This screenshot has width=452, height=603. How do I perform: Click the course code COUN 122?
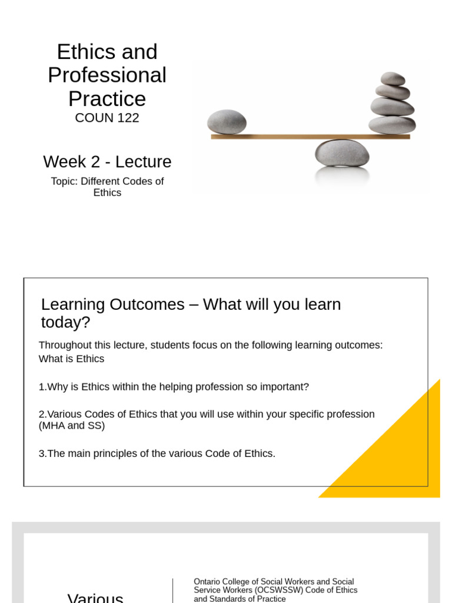point(107,118)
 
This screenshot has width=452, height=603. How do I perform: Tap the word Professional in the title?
point(107,75)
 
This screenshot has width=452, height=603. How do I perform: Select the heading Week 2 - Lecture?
point(107,161)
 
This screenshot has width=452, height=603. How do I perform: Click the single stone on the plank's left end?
point(227,122)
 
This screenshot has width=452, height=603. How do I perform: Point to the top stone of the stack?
point(393,78)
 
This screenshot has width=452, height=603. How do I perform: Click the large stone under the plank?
point(342,153)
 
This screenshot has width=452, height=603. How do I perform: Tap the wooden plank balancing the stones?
point(311,137)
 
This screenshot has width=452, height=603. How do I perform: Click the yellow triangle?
point(400,458)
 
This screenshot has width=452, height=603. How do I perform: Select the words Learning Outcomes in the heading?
point(112,304)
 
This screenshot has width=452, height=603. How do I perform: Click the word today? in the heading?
point(65,322)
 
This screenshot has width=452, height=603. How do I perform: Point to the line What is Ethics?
point(71,359)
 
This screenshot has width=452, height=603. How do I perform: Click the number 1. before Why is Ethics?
point(42,386)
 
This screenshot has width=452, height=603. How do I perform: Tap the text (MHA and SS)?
point(72,425)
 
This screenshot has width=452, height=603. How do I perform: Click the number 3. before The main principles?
point(42,453)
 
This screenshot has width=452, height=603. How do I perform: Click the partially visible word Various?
point(95,598)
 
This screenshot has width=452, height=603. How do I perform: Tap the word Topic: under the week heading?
point(65,181)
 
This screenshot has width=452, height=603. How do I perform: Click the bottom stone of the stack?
point(392,125)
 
